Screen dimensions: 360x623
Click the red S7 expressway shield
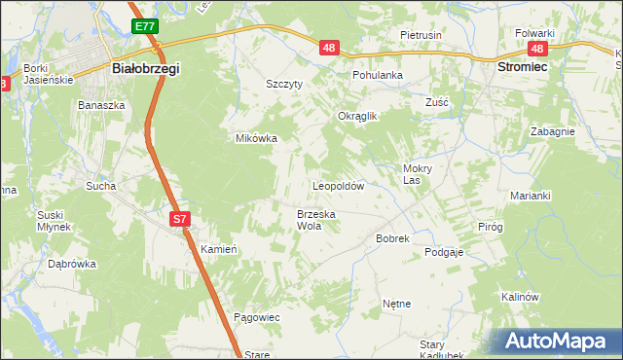(x=179, y=219)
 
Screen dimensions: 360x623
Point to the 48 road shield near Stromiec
(x=536, y=48)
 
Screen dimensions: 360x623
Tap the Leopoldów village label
(x=338, y=185)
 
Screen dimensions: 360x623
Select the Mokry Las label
(x=417, y=173)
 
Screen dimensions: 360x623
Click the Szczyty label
(x=286, y=84)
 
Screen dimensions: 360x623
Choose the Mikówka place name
(x=257, y=138)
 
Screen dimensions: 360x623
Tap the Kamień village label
(x=219, y=249)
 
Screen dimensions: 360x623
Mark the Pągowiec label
(x=257, y=318)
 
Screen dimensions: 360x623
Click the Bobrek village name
(x=392, y=237)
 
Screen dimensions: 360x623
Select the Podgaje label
(x=443, y=251)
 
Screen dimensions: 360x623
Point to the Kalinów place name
(x=519, y=296)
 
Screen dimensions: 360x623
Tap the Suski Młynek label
(x=55, y=220)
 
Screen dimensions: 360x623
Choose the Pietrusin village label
(x=421, y=35)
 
